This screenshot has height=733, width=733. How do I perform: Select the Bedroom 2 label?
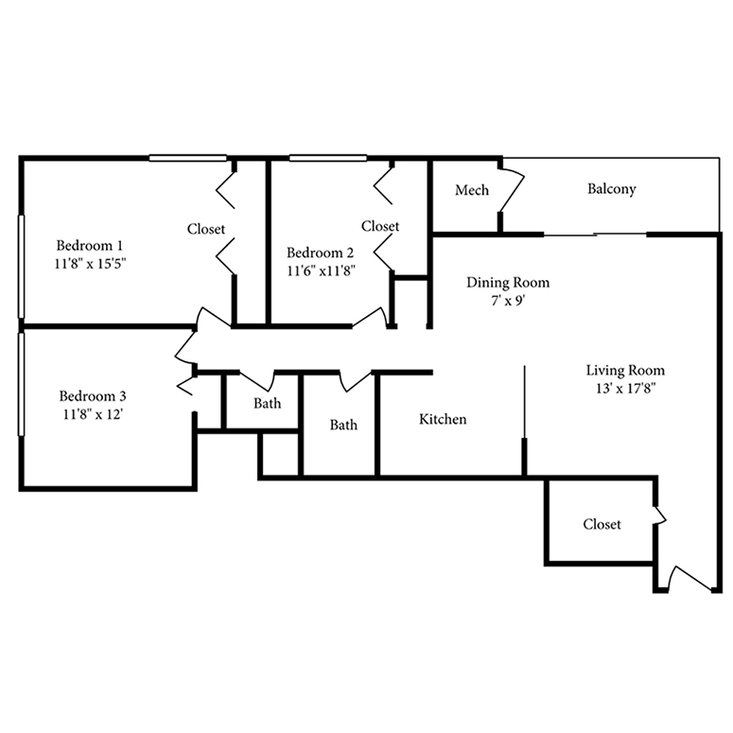320,253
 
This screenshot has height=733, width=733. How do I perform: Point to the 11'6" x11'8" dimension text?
320,271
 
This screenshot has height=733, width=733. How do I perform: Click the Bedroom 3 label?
93,395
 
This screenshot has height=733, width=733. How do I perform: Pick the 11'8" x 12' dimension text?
93,413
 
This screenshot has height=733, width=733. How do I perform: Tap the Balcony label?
611,189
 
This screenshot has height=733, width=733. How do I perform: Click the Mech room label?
472,191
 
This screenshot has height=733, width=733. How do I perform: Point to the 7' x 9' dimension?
508,302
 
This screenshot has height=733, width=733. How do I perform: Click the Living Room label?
624,370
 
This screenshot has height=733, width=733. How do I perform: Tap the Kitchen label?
443,419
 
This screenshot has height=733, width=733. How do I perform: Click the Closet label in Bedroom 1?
205,229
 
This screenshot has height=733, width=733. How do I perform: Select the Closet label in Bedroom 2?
380,227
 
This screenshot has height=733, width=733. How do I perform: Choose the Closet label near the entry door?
602,524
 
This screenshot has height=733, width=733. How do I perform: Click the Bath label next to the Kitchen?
343,426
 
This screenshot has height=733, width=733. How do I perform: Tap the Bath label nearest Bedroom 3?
267,404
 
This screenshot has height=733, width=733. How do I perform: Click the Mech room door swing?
511,195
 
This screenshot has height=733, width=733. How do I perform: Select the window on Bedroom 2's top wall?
327,158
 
